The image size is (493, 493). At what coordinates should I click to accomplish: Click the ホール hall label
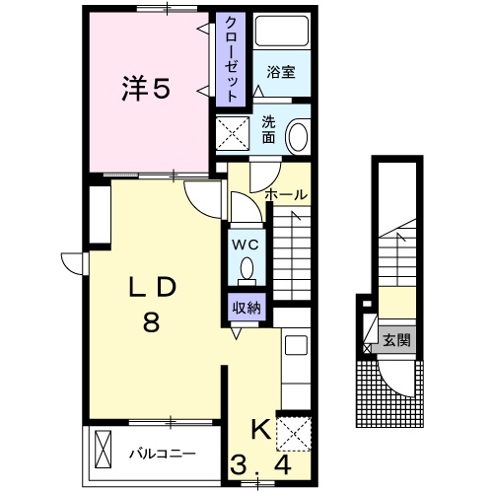[287, 195]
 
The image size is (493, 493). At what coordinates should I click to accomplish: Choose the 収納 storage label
[246, 307]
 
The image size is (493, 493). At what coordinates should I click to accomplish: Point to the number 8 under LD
[151, 322]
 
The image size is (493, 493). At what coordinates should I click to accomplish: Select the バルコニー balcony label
[163, 454]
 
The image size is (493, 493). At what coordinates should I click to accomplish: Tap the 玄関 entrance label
[397, 341]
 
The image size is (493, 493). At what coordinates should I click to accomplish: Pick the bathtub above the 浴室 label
[282, 33]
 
